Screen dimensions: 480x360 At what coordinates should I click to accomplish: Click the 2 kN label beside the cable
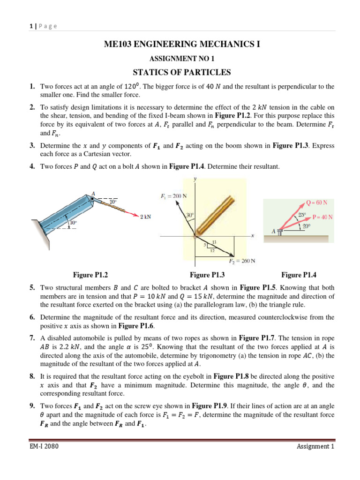(145, 217)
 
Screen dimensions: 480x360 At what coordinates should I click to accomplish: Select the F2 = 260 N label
(243, 261)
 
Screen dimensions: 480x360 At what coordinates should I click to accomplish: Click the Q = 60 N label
(317, 202)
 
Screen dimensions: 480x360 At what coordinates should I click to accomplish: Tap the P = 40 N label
(322, 217)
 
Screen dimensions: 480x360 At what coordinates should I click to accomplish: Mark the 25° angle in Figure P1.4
(302, 215)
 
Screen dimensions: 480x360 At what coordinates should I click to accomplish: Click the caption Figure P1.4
(299, 275)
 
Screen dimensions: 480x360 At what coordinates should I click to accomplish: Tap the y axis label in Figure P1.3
(195, 179)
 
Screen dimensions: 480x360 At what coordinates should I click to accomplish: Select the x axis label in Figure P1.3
(253, 236)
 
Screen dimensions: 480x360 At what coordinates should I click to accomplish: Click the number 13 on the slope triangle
(215, 242)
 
